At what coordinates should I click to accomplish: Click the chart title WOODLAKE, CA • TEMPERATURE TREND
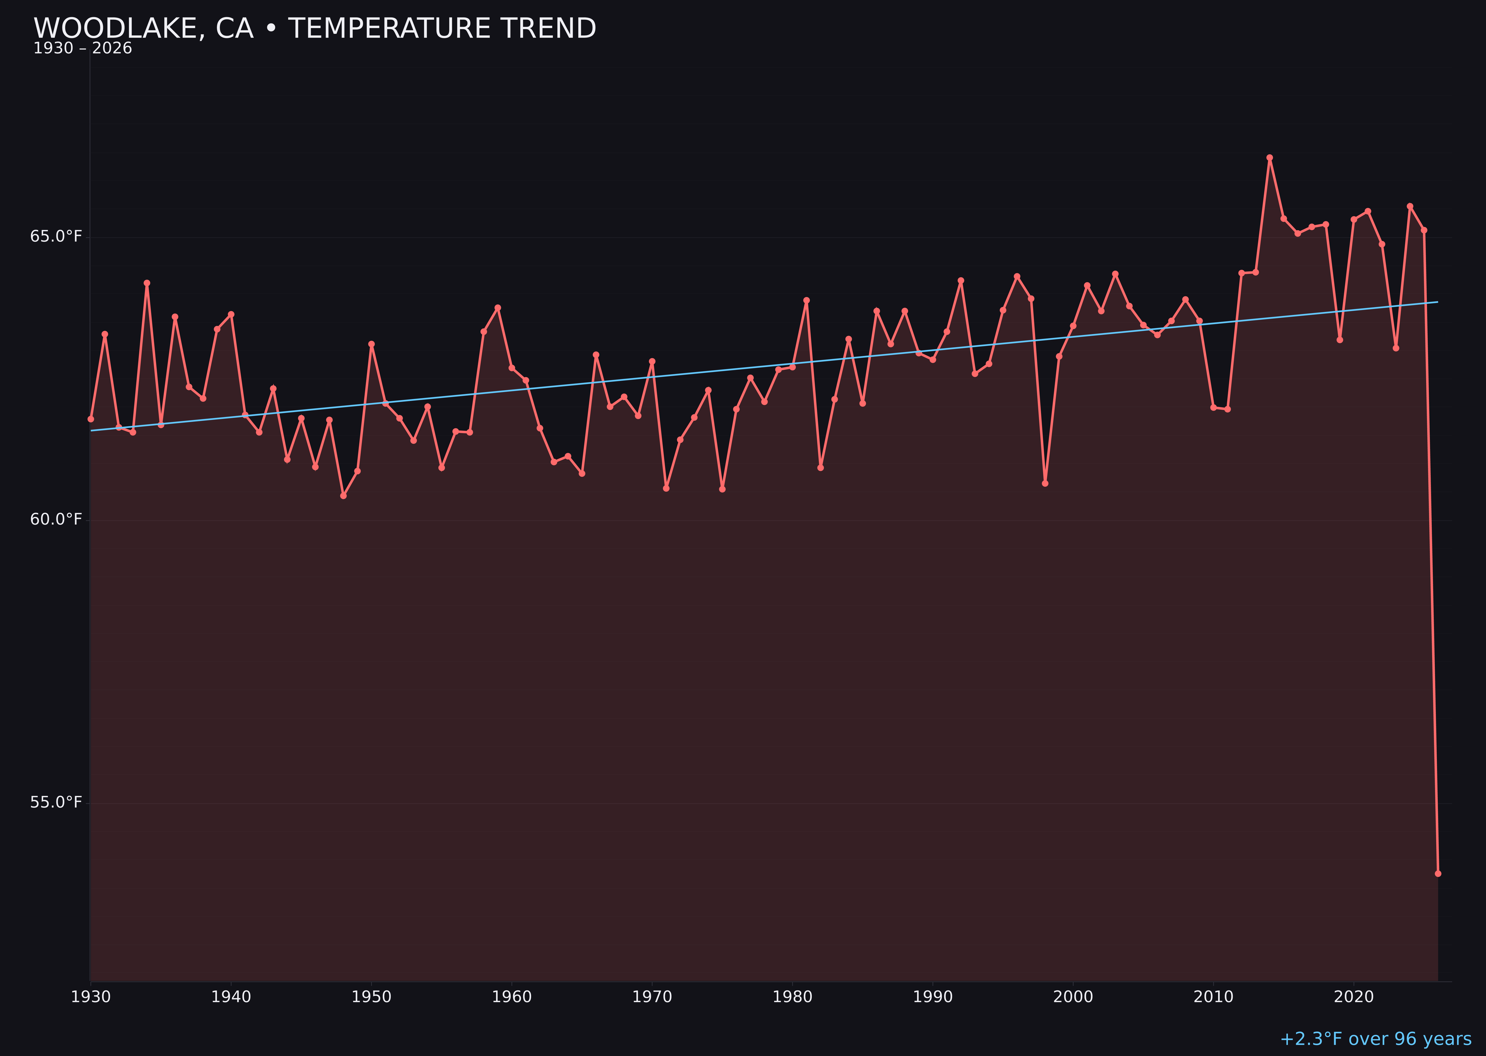[x=314, y=29]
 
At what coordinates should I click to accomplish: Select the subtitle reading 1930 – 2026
[x=82, y=49]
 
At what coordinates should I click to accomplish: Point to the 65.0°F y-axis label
[x=56, y=236]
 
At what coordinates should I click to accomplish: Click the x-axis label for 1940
[x=231, y=997]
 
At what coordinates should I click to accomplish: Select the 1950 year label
[x=371, y=997]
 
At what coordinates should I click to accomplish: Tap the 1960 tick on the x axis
[x=512, y=997]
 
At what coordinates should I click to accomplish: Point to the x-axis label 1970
[x=652, y=997]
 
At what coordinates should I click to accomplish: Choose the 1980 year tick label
[x=792, y=997]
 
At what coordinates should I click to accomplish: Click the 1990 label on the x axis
[x=933, y=997]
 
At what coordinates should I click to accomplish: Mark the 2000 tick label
[x=1073, y=997]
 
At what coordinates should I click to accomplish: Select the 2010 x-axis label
[x=1213, y=997]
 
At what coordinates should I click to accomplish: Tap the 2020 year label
[x=1354, y=997]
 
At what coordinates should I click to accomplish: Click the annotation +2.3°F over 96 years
[x=1375, y=1039]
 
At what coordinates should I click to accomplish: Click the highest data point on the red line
[x=1269, y=157]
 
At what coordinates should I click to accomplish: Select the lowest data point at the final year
[x=1438, y=873]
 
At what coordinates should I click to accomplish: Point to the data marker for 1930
[x=90, y=419]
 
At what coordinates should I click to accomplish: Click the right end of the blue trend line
[x=1437, y=302]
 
